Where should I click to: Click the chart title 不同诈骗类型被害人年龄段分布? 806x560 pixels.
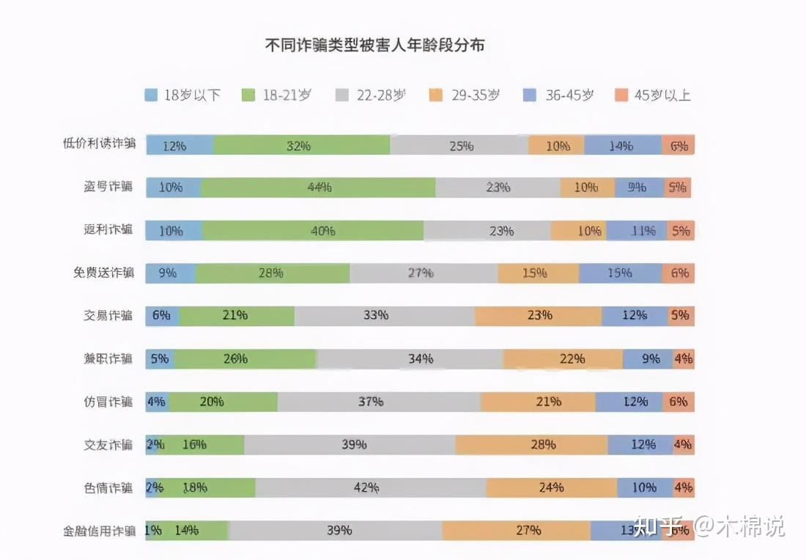tap(374, 45)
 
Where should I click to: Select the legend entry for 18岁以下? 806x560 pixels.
tap(183, 95)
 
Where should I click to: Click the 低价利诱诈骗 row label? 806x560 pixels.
tap(100, 144)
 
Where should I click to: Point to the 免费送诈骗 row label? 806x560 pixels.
tap(103, 273)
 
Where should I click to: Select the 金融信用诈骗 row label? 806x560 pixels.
tap(100, 531)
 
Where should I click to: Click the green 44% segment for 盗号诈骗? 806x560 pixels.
tap(319, 188)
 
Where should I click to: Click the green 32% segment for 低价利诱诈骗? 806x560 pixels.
tap(300, 145)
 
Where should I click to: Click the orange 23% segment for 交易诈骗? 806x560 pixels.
tap(538, 316)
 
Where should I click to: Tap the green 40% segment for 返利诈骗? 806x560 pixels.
tap(313, 231)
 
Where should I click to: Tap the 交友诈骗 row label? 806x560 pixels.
tap(108, 445)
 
